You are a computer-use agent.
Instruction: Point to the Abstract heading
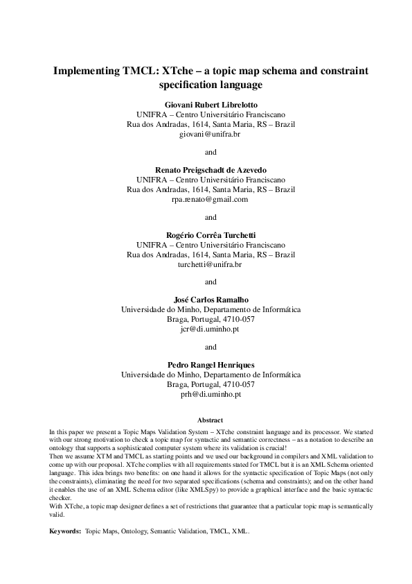tap(211, 420)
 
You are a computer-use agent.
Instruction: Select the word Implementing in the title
tap(86, 71)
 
